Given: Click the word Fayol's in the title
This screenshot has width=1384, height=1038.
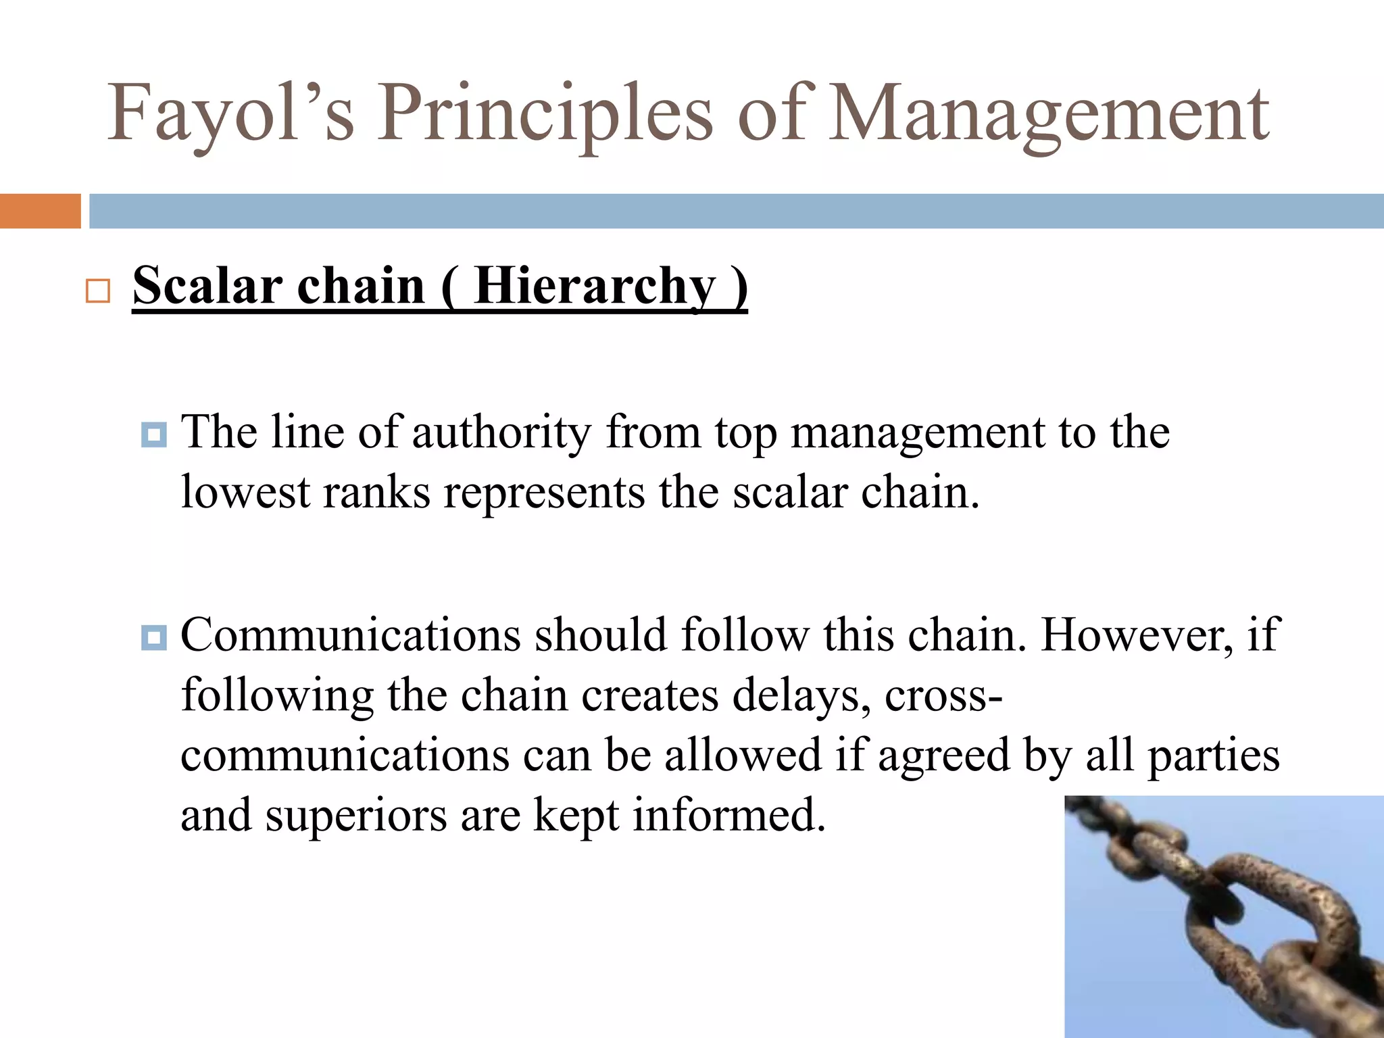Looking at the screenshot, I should coord(230,114).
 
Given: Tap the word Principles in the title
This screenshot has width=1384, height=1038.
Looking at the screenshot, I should coord(545,114).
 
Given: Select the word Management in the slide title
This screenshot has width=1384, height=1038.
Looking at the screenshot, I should coord(1049,114).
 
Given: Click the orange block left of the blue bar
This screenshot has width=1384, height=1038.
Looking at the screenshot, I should coord(40,211).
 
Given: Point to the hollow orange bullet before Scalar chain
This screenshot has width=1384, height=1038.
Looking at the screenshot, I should coord(98,291).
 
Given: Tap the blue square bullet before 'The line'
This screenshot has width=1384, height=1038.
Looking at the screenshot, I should coord(154,435).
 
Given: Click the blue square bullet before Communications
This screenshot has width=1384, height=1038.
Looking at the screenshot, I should coord(154,637).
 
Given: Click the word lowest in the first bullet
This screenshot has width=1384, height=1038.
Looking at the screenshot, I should coord(245,492).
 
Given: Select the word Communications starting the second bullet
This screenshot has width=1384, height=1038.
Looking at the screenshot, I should coord(351,635).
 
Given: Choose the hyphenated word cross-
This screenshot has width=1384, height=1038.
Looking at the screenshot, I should coord(943,696).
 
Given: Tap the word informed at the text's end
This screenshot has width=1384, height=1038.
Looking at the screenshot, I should coord(729,815).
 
